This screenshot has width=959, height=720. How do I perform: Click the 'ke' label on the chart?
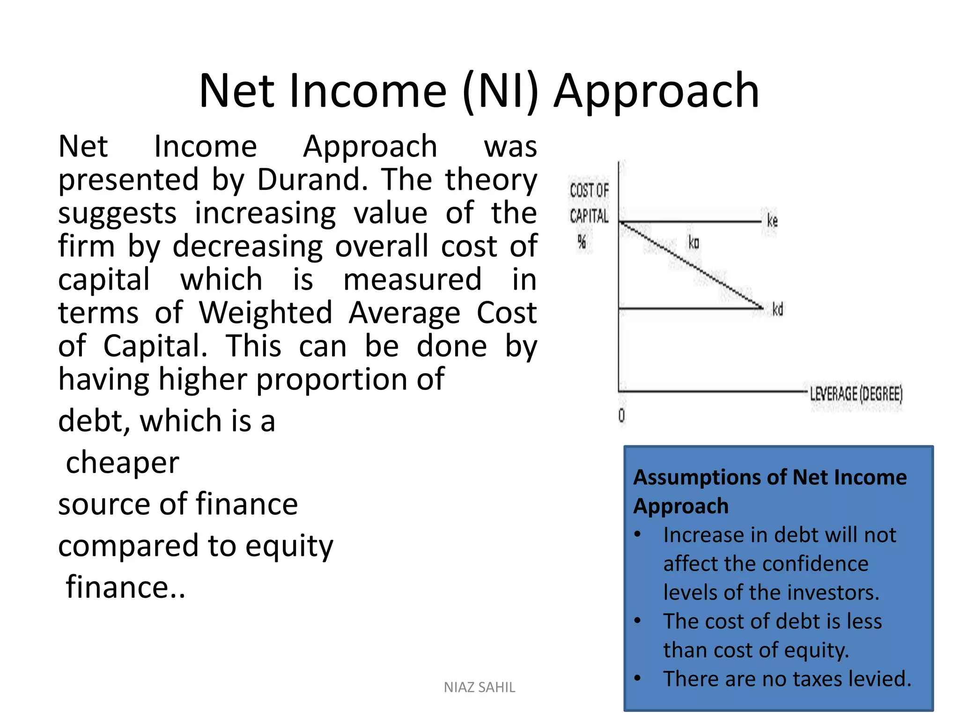772,220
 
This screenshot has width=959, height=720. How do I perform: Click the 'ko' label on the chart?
693,243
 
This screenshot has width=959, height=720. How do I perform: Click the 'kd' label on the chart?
777,309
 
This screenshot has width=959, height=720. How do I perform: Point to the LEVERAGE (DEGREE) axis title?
856,394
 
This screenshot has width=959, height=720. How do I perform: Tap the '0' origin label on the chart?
621,416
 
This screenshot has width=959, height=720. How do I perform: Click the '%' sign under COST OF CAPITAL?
582,242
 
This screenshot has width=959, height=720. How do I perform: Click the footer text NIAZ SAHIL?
479,687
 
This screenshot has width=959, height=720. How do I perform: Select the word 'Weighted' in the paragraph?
266,313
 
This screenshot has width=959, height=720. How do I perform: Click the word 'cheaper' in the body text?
122,463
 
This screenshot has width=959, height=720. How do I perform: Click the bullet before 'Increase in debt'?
637,535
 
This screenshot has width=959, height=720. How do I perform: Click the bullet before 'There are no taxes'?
637,679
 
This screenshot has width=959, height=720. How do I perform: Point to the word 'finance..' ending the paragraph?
125,587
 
